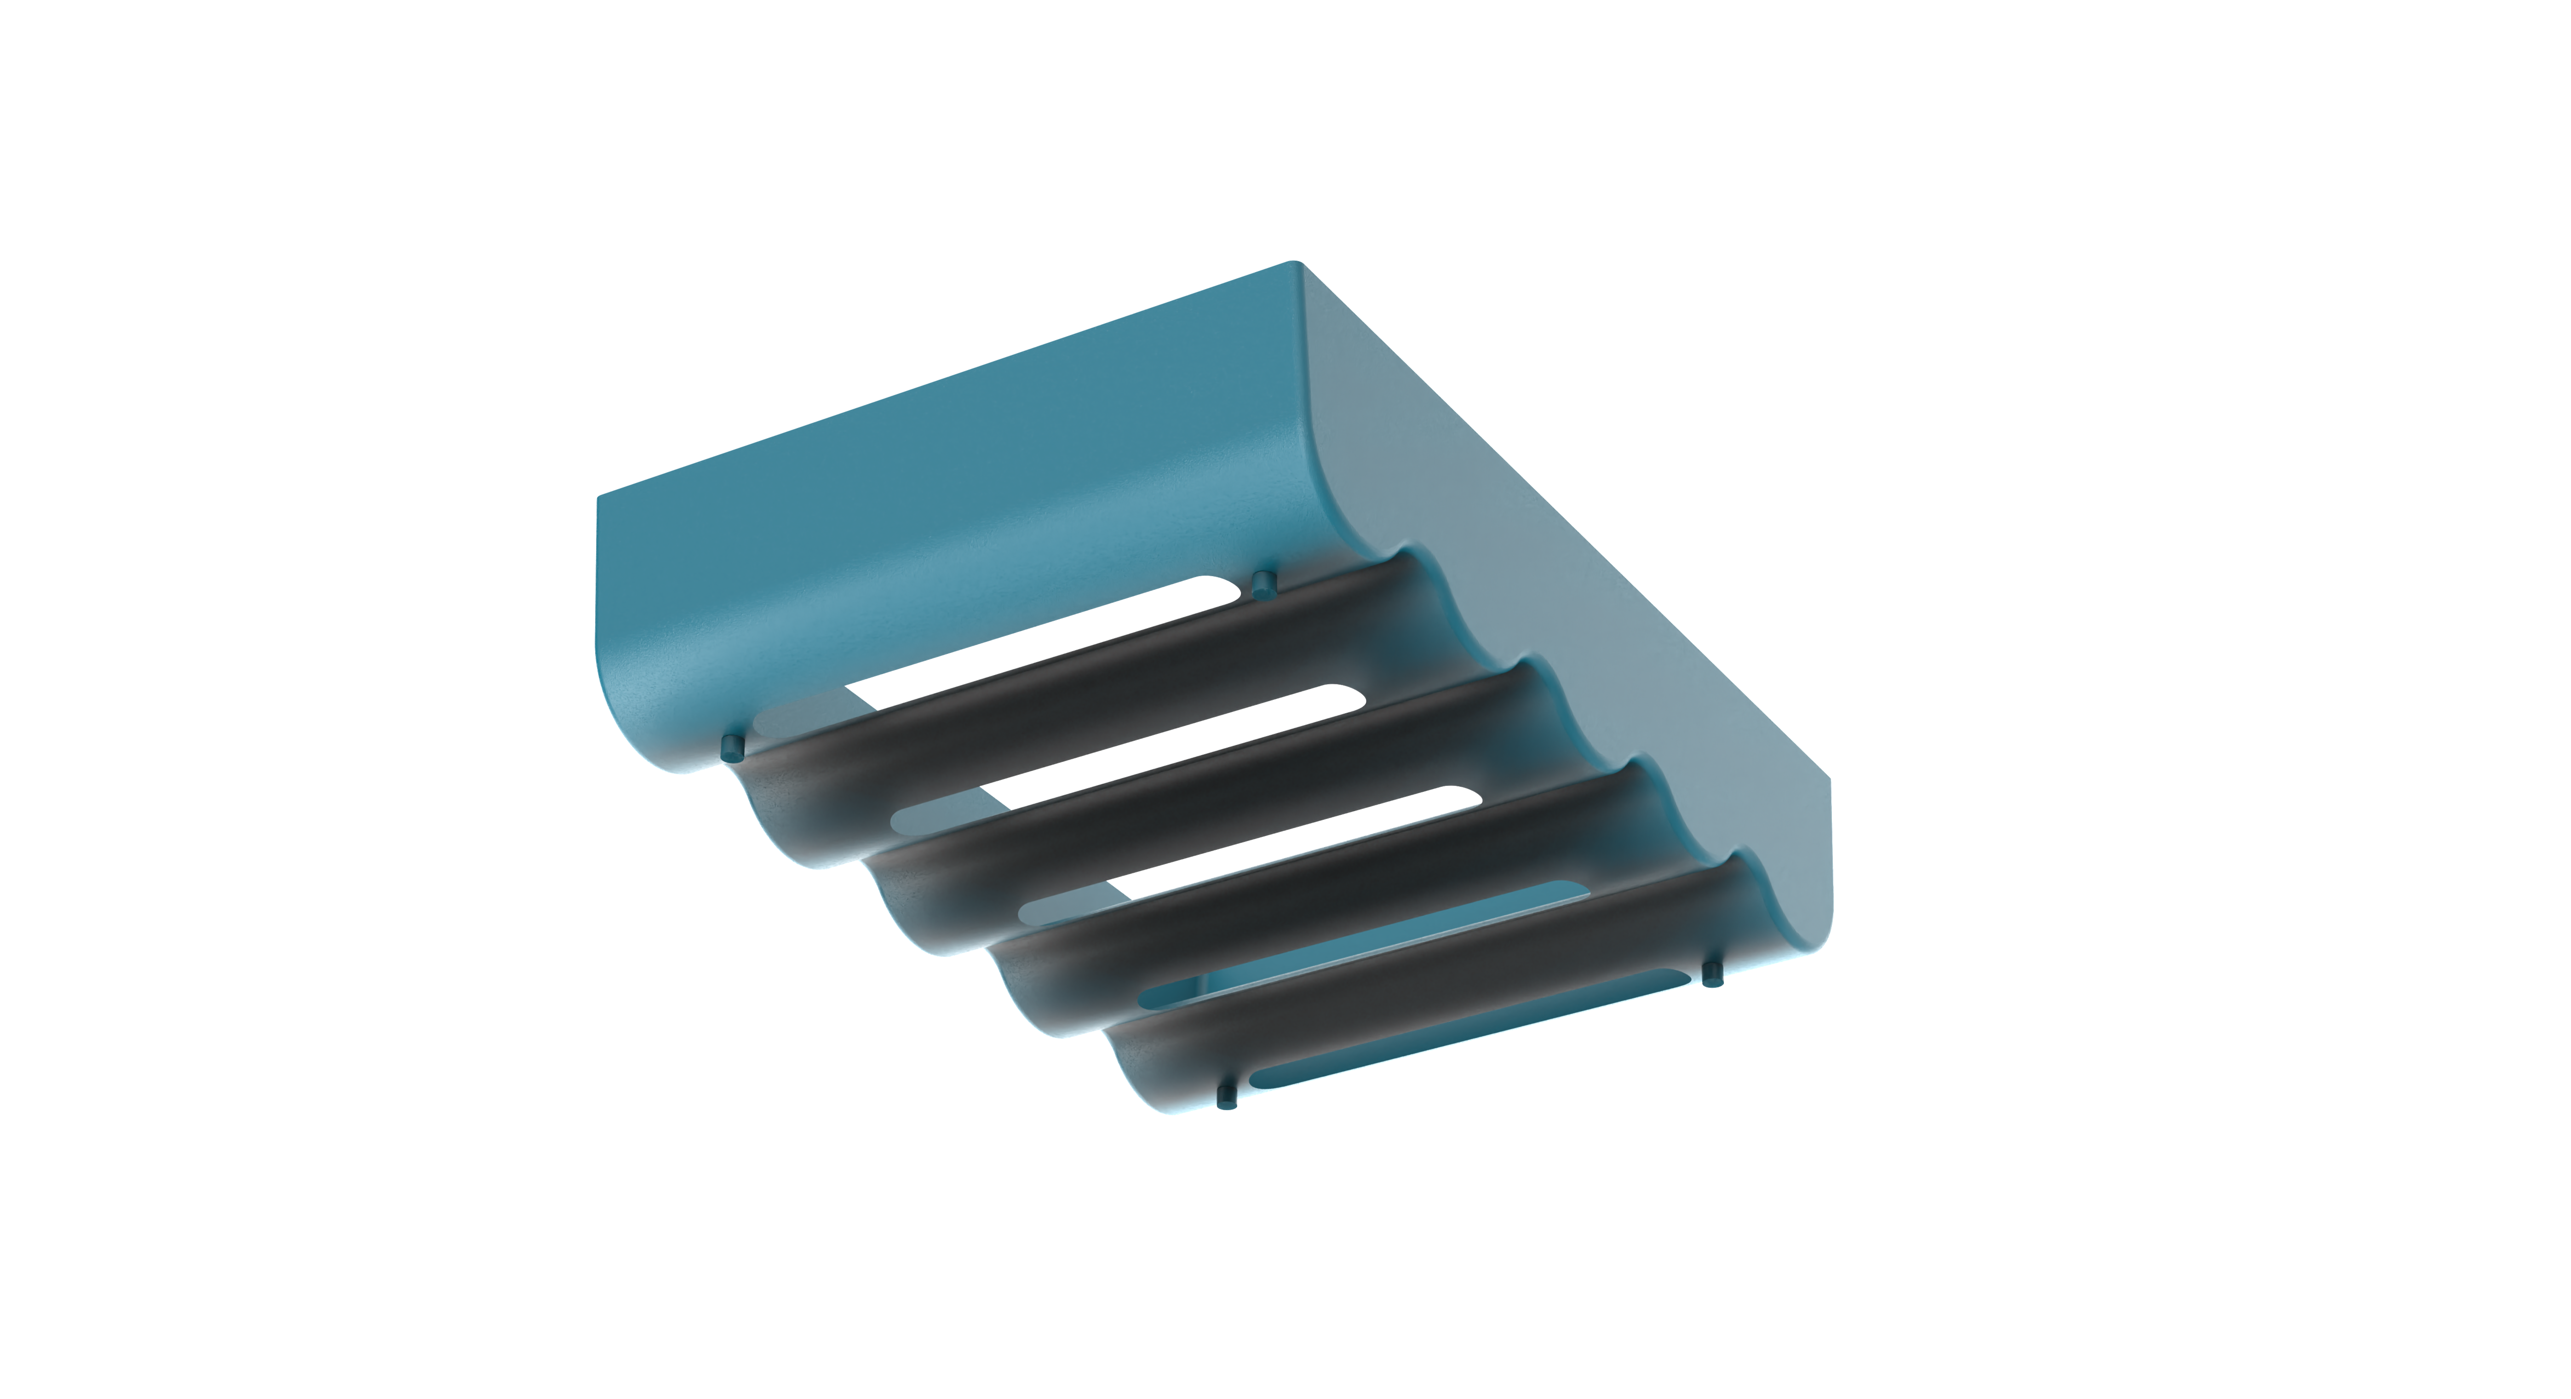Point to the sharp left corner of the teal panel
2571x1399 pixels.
[598, 496]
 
